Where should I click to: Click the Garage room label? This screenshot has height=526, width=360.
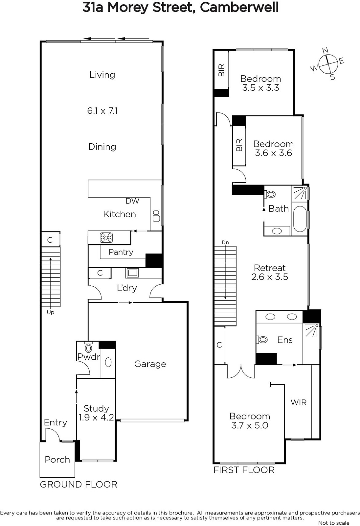tap(150, 364)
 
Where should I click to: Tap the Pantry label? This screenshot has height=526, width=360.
tap(121, 252)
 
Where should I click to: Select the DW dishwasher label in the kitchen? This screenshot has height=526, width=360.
tap(132, 201)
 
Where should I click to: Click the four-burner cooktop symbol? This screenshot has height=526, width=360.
tap(106, 237)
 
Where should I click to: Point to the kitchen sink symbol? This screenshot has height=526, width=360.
tap(156, 216)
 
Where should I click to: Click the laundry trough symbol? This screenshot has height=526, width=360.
tap(132, 273)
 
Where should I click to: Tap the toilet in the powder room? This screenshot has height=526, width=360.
tap(88, 347)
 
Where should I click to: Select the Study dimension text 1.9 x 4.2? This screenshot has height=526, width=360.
tap(96, 417)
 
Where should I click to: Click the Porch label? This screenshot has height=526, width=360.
tap(57, 460)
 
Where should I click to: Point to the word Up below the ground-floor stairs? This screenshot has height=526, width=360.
tap(51, 312)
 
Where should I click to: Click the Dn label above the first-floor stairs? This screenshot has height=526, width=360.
tap(225, 242)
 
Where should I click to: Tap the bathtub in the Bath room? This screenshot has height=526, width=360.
tap(300, 219)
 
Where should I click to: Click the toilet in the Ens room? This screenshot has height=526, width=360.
tap(262, 340)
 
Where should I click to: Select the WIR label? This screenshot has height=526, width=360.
tap(299, 402)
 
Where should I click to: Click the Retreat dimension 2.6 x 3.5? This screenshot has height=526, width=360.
tap(270, 277)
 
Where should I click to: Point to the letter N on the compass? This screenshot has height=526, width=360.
tap(325, 50)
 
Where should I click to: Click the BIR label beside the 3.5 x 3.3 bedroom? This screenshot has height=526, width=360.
tap(221, 70)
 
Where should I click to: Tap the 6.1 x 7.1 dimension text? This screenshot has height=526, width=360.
tap(102, 111)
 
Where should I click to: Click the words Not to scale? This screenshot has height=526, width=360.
tap(334, 523)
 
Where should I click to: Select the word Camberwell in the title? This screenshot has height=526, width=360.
tap(239, 8)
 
